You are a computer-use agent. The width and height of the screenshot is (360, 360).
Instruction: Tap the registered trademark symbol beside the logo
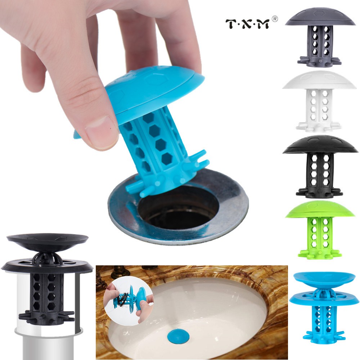click(x=275, y=19)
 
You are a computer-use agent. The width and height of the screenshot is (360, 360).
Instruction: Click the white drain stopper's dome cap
click(x=319, y=81)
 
